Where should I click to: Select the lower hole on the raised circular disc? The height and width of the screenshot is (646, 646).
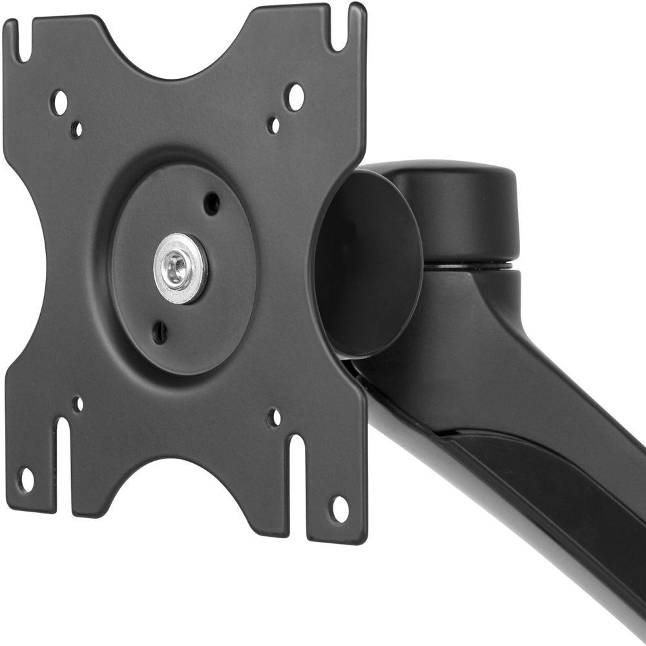(x=160, y=333)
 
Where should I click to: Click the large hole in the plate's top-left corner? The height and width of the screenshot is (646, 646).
(x=59, y=103)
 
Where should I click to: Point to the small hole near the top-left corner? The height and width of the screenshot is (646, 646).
(x=76, y=129)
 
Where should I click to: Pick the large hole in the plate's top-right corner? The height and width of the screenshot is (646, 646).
(x=295, y=97)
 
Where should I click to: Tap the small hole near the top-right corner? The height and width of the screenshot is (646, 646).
(x=274, y=125)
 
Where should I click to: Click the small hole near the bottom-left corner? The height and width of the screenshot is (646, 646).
(x=78, y=404)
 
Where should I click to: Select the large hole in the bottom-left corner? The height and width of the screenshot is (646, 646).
(x=26, y=480)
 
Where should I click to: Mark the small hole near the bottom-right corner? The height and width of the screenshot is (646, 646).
(x=275, y=417)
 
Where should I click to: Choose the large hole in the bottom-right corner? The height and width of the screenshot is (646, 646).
(x=339, y=508)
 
